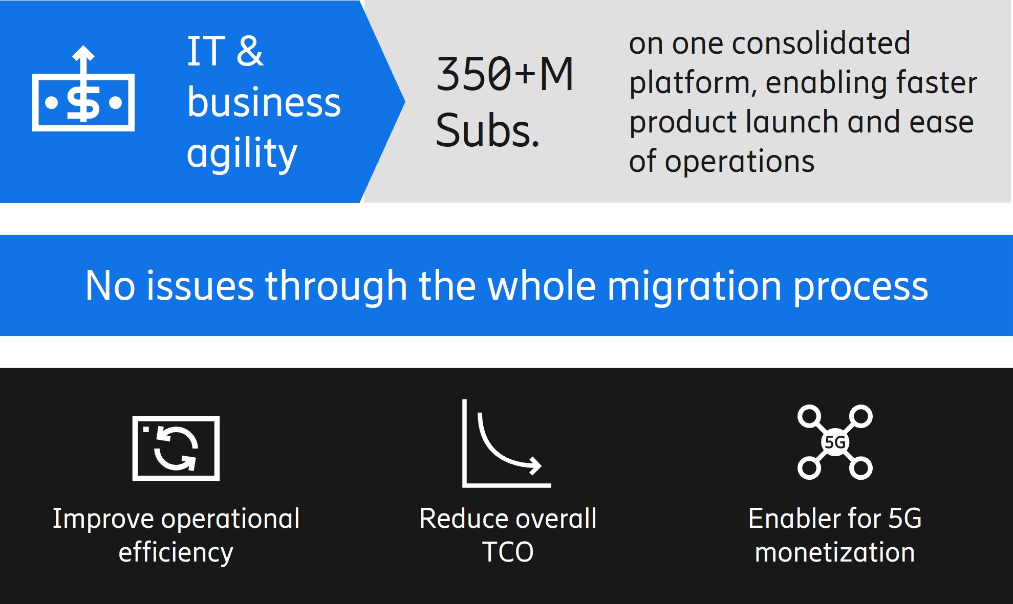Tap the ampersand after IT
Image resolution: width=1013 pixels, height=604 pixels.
coord(250,51)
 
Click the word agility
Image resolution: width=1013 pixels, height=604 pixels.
coord(242,153)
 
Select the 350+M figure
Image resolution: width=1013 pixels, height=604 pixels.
coord(505,74)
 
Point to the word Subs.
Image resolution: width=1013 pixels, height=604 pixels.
coord(487,130)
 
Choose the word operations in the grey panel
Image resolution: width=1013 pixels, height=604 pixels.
coord(739,162)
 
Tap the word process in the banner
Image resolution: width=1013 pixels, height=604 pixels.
coord(860,287)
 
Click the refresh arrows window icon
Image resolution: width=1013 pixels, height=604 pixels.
coord(176,448)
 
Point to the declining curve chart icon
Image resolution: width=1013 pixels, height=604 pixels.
coord(506,443)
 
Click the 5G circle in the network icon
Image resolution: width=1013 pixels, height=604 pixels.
coord(835,442)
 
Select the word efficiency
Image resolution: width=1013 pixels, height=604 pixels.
coord(176,553)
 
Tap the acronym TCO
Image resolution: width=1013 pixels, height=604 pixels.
coord(508,552)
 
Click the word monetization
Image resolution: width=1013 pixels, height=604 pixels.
coord(835,553)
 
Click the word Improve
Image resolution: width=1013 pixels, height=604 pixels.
coord(103,520)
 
